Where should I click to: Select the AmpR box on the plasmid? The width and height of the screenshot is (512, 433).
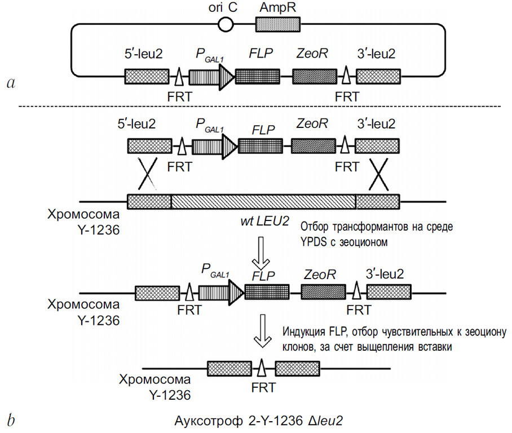click(x=278, y=24)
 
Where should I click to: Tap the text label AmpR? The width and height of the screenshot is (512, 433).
click(x=278, y=8)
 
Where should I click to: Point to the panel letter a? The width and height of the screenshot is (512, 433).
click(x=10, y=83)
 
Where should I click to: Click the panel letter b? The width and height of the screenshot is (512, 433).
click(x=10, y=420)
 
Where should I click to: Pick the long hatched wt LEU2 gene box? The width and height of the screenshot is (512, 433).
click(x=263, y=201)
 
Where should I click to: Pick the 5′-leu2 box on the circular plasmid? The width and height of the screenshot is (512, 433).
click(x=146, y=77)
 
